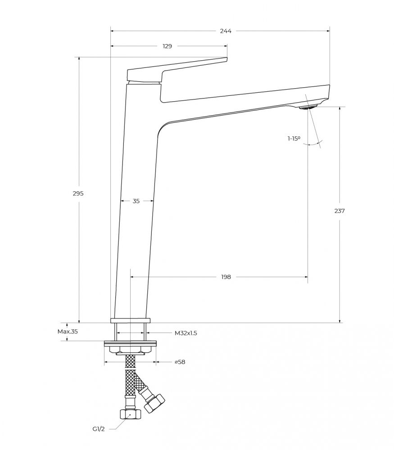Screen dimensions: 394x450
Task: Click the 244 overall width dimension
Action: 226,31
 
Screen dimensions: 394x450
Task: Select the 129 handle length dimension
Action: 167,46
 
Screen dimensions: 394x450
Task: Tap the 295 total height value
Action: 78,193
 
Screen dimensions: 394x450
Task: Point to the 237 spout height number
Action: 340,211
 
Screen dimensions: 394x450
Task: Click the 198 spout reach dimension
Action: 226,277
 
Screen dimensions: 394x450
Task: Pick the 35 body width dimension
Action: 136,201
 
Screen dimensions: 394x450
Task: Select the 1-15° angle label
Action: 294,139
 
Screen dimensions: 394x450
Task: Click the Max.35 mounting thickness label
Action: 68,332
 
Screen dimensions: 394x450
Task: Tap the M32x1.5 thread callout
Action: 186,333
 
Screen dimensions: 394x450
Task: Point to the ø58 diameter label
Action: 180,362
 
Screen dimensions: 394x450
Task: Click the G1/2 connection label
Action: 99,429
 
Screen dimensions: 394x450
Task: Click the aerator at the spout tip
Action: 307,108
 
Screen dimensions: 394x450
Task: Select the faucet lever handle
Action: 177,70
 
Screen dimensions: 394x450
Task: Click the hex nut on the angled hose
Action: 154,404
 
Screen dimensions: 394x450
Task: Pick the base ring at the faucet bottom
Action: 131,321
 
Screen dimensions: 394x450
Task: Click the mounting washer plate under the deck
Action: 131,343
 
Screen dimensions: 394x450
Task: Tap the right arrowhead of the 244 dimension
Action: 328,31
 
